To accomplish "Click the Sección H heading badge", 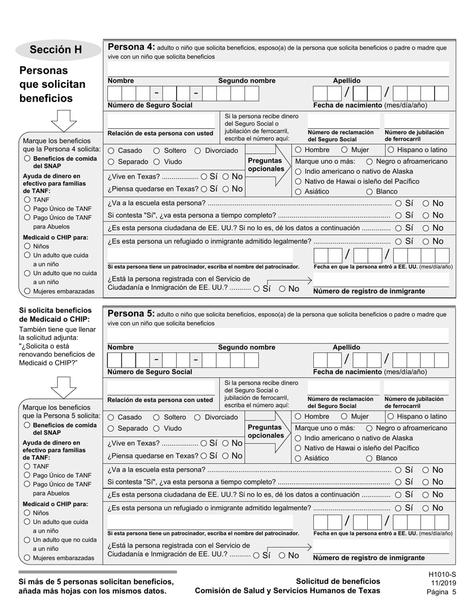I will (55, 49).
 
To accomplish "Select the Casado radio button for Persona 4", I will (111, 151).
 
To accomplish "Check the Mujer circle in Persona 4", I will (344, 150).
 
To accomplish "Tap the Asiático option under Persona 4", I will (298, 192).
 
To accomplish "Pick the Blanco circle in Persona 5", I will (369, 458).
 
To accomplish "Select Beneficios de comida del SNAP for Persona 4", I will (27, 159).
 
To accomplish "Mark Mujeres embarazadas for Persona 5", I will (27, 558).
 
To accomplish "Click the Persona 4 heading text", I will (131, 47).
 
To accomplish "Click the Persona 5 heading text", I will (131, 314).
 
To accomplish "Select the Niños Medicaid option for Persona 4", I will (27, 246).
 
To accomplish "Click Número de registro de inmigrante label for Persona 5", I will (369, 558).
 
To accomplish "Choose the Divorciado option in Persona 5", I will (197, 417).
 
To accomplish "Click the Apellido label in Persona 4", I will (346, 81).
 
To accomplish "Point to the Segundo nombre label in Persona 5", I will (246, 347).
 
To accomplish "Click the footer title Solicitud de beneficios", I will (338, 581).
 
